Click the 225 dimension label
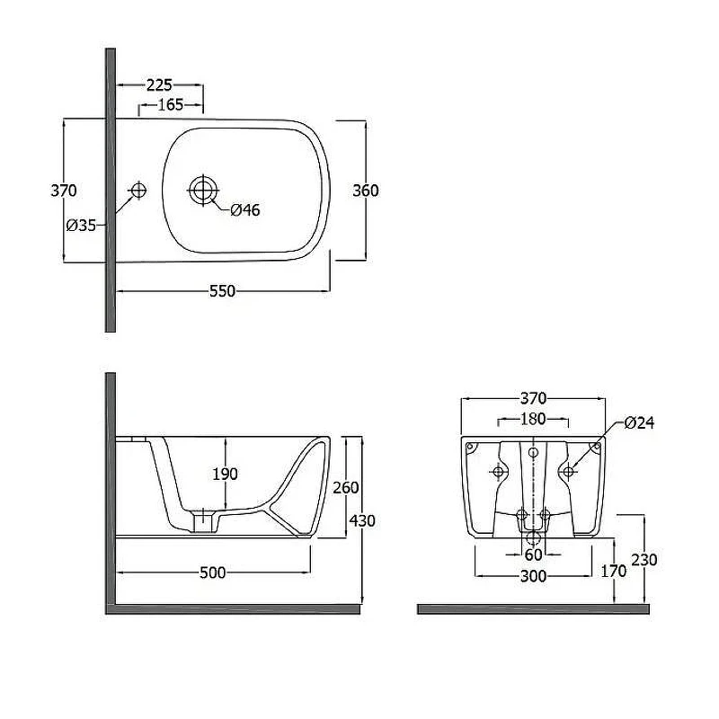click(159, 84)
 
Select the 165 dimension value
click(171, 105)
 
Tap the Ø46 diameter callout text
click(244, 210)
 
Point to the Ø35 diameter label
click(81, 226)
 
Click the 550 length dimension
click(222, 291)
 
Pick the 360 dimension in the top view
click(366, 191)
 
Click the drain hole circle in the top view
click(203, 190)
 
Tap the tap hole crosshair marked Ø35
click(138, 190)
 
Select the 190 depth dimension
click(225, 474)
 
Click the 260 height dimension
click(346, 487)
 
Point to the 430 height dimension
click(362, 520)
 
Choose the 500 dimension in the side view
click(213, 573)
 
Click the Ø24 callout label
click(639, 422)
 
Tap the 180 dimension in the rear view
click(533, 419)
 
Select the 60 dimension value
click(533, 555)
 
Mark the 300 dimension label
click(533, 576)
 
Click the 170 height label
click(614, 571)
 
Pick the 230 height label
click(644, 559)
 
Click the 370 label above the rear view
click(533, 398)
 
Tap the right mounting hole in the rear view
click(568, 471)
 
